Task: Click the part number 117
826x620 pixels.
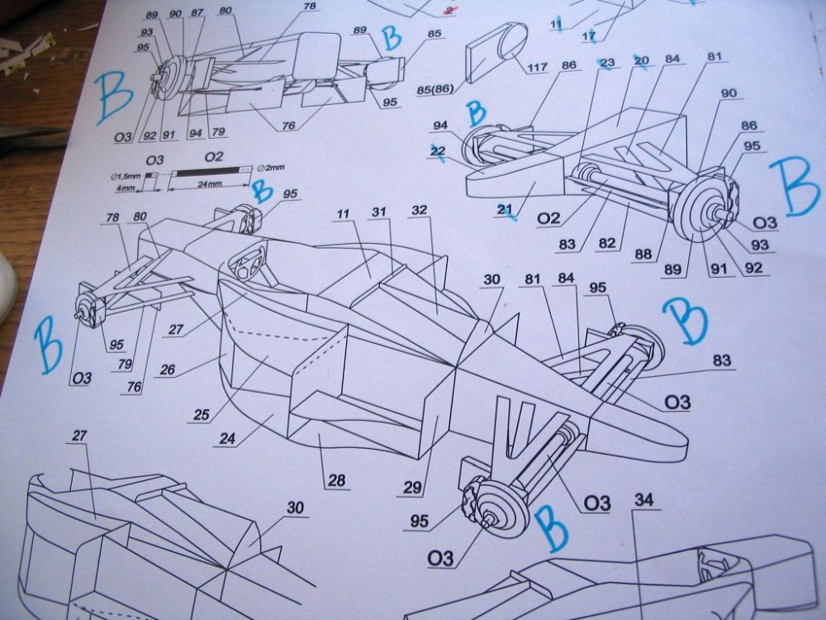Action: (x=537, y=68)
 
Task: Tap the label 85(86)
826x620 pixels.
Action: (x=435, y=89)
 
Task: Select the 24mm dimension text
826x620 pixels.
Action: (x=209, y=184)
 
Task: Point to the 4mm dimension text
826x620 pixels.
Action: (x=125, y=188)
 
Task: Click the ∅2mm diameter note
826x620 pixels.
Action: (x=271, y=168)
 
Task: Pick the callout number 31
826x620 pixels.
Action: (x=379, y=212)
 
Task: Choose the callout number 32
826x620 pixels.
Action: (x=420, y=210)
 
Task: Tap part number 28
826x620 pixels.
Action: (x=336, y=480)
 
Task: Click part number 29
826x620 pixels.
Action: (x=412, y=488)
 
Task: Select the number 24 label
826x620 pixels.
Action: (x=228, y=438)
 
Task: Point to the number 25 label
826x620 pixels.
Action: (x=202, y=415)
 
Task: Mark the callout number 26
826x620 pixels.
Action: (x=167, y=370)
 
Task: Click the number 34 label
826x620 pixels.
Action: (x=644, y=499)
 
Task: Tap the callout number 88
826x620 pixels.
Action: (x=643, y=254)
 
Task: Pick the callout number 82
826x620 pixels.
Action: (x=607, y=243)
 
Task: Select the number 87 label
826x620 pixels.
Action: (x=197, y=12)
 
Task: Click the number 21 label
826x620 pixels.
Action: (x=505, y=210)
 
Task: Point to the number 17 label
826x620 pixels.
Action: (x=589, y=36)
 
